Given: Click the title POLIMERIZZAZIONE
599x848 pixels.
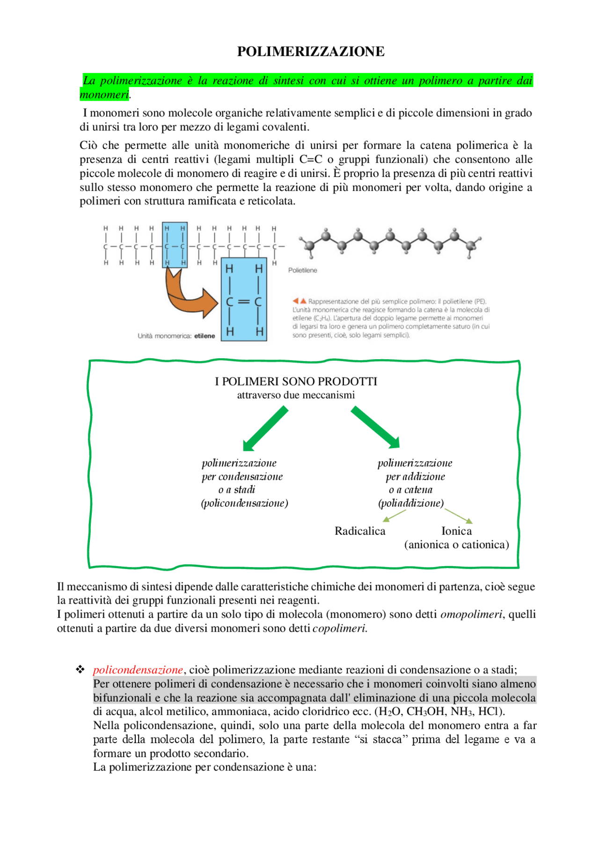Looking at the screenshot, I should point(311,52).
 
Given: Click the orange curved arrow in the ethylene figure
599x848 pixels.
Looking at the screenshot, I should point(187,295).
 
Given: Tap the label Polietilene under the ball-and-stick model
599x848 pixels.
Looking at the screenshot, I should point(302,271).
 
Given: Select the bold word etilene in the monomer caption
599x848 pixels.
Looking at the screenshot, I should point(205,336).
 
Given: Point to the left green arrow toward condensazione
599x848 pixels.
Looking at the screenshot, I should point(265,429).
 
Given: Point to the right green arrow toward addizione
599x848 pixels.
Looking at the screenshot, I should point(375,427).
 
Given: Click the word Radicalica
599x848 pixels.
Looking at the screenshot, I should point(360,531).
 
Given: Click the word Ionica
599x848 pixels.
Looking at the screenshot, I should point(456,531).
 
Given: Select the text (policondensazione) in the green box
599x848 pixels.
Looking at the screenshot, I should point(244,503).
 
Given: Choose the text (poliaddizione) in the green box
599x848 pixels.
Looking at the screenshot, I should point(411,503).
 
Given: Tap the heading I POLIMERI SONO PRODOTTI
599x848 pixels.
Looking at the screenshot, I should point(296,382).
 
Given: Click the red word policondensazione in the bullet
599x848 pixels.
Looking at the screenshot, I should point(138,670).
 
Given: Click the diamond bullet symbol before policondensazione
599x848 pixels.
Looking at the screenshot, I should point(80,670).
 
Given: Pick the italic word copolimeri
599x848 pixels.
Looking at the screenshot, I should point(339,628).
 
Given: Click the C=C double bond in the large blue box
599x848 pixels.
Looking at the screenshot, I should point(244,302).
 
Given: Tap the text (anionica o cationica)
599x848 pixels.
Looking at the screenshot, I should point(456,545).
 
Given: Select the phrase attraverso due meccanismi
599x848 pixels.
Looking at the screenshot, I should point(296,395).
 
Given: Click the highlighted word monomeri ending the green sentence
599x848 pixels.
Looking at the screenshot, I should point(104,95).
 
